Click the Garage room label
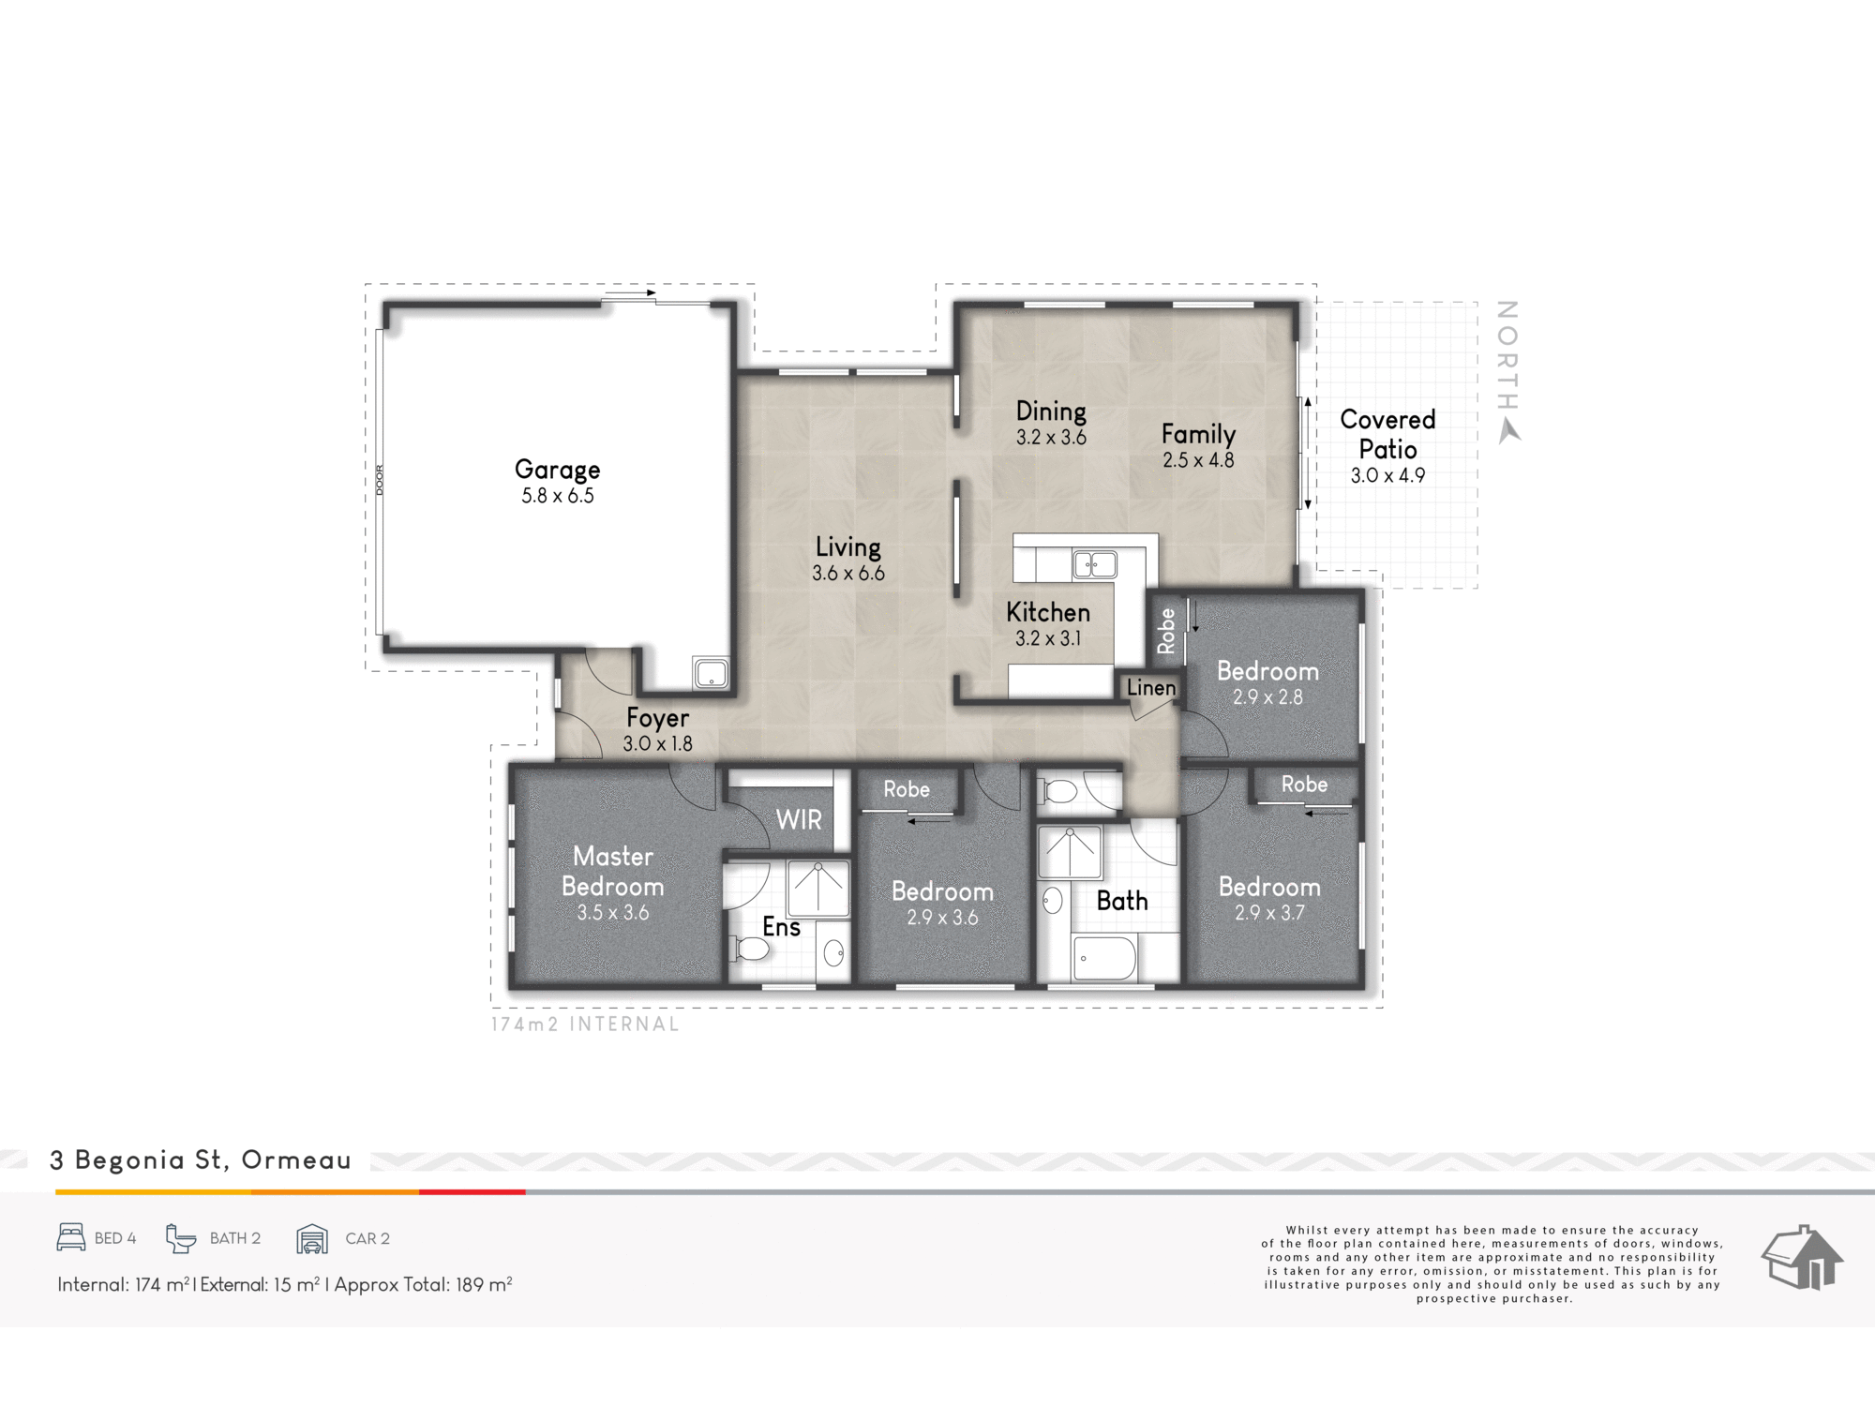point(558,470)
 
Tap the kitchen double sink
point(1095,564)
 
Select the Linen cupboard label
point(1151,687)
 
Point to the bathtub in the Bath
point(1105,958)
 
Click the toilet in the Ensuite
point(750,950)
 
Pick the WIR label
point(799,820)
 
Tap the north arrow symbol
point(1508,431)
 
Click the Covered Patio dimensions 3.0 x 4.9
point(1387,475)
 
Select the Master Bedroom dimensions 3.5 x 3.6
point(613,912)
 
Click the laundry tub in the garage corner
point(711,673)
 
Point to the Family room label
point(1198,434)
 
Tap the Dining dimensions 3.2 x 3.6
point(1051,437)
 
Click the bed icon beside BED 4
point(71,1237)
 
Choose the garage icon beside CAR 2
point(312,1238)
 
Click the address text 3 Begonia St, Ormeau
point(201,1160)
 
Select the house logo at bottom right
point(1803,1258)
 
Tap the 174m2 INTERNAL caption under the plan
point(585,1025)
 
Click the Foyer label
point(657,718)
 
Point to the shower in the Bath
point(1070,852)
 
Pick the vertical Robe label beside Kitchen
point(1166,631)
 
